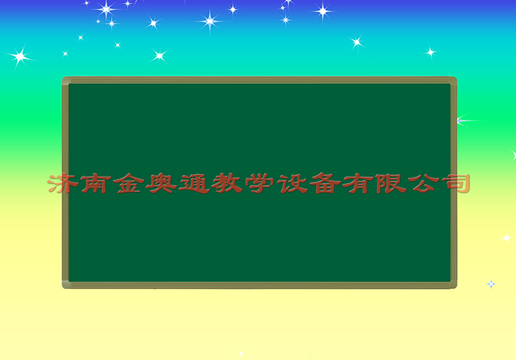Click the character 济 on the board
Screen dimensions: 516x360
63,183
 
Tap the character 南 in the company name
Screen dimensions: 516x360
95,183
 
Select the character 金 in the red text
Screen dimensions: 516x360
129,183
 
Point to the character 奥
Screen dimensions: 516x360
161,183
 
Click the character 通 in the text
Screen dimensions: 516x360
194,184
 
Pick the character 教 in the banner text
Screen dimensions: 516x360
227,183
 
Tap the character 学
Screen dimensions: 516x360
259,183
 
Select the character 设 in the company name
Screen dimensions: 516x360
292,183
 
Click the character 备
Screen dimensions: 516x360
325,183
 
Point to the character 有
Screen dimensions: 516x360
358,183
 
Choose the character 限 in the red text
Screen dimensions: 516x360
391,183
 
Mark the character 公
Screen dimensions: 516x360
424,183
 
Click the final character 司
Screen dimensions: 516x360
456,183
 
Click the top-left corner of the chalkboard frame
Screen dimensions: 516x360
63,77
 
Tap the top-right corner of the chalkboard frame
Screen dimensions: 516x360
457,77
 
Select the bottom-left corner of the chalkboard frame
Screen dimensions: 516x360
63,288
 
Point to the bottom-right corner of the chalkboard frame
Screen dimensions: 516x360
457,288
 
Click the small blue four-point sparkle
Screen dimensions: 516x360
491,284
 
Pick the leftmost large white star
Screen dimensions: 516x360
20,57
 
